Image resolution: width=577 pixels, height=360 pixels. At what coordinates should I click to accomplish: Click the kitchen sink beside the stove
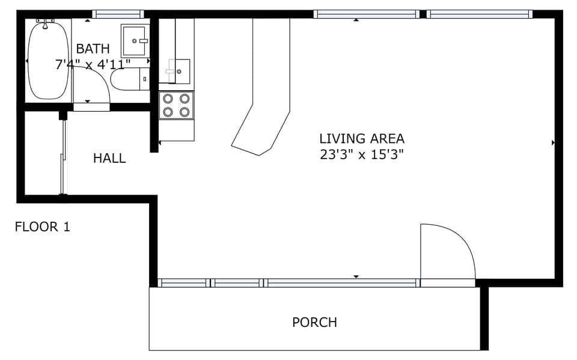tap(179, 71)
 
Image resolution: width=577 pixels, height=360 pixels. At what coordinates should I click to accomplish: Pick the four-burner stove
tap(177, 105)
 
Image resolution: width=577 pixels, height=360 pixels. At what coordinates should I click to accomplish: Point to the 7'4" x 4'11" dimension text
tap(93, 64)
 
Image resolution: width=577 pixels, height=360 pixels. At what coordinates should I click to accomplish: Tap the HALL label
tap(109, 159)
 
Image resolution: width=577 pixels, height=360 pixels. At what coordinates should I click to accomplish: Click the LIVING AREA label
tap(361, 139)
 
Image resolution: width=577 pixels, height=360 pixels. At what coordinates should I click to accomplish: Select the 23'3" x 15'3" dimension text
tap(361, 154)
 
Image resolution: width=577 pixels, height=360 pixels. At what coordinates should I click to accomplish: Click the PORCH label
tap(314, 323)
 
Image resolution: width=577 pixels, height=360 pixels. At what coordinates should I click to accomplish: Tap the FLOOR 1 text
tap(42, 227)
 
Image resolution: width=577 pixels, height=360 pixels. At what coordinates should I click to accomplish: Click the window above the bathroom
tap(118, 14)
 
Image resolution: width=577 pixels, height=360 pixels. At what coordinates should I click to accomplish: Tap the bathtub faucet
tap(45, 23)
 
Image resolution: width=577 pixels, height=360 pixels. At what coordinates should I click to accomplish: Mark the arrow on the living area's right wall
tap(552, 143)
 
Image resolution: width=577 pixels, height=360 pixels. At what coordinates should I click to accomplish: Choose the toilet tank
tap(144, 79)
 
